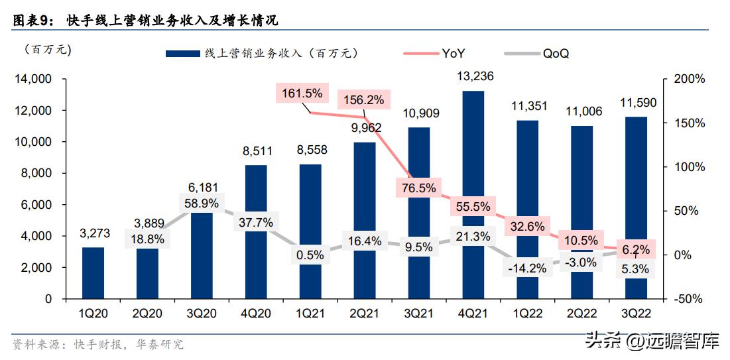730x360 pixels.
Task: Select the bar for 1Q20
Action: [x=93, y=272]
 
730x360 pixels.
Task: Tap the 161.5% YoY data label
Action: [x=302, y=93]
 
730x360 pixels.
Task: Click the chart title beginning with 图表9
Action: [x=146, y=20]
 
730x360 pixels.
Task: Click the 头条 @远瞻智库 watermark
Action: [x=652, y=341]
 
